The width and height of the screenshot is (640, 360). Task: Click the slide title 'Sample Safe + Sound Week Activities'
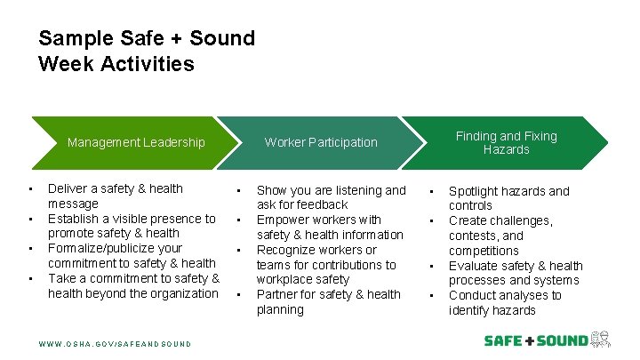(147, 52)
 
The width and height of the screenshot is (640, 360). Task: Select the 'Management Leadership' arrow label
(136, 142)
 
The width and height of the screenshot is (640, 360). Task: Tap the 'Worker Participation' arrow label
(321, 142)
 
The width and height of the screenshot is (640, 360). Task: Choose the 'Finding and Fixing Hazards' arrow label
(506, 142)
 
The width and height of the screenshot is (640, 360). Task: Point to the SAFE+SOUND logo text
(535, 340)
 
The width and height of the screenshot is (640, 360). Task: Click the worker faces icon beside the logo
(601, 340)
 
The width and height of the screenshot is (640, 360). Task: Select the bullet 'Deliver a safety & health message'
(115, 196)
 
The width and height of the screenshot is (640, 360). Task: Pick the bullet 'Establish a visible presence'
(132, 226)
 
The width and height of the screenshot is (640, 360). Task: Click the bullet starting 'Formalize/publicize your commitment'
(132, 255)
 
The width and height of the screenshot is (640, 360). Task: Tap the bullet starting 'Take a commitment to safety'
(133, 285)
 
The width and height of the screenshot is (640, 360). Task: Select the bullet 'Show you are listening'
(331, 197)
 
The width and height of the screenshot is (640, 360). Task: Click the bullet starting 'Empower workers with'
(330, 228)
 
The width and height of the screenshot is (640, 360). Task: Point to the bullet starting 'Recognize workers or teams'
(326, 265)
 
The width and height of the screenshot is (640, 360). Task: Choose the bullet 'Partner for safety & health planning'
(328, 302)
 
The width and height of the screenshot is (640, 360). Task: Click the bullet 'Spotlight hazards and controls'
(508, 198)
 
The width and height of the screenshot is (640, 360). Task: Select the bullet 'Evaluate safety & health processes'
(515, 273)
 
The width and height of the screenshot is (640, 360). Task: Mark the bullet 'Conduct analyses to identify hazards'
(504, 303)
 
